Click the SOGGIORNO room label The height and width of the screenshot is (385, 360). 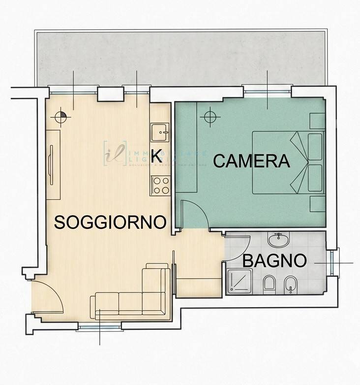(110, 222)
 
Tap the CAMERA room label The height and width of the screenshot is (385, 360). (251, 161)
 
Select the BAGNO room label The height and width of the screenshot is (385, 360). (274, 260)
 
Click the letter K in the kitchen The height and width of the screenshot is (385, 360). (156, 155)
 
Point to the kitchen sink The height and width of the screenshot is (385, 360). (160, 131)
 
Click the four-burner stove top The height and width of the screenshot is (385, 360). (160, 186)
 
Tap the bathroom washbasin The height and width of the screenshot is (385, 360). (279, 241)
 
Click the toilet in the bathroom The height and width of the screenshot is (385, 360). (269, 284)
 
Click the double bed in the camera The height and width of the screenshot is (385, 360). (288, 162)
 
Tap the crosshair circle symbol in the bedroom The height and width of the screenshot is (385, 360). (210, 117)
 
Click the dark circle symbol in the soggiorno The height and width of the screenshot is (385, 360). (61, 117)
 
